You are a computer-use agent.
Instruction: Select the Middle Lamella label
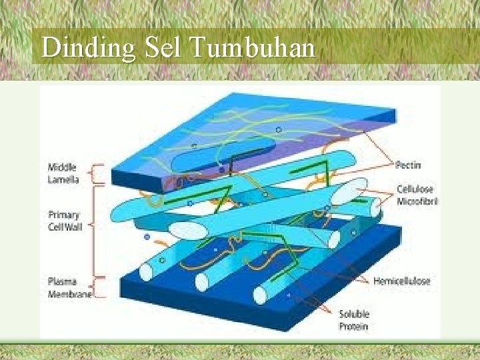point(63,173)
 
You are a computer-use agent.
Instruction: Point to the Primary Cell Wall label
point(65,221)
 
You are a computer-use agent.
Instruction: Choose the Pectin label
point(407,165)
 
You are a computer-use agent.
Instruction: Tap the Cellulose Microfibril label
point(415,195)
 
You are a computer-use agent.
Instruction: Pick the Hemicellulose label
point(401,281)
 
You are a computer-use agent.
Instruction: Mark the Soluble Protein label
point(354,319)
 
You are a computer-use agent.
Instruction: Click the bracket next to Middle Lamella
point(99,173)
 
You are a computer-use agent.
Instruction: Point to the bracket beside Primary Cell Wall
point(99,230)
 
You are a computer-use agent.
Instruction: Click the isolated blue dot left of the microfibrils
point(147,236)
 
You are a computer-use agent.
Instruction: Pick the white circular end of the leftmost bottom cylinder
point(146,272)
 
